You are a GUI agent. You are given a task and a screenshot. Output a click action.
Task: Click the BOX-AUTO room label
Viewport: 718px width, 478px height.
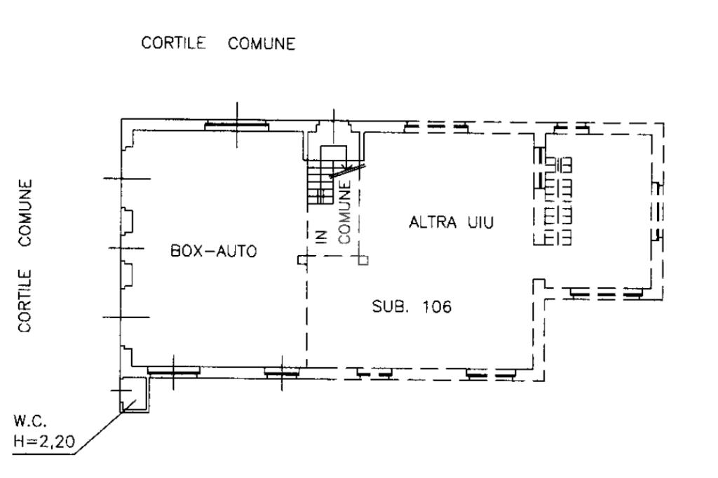click(x=214, y=250)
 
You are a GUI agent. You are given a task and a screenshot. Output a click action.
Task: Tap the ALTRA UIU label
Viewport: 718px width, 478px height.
click(x=452, y=224)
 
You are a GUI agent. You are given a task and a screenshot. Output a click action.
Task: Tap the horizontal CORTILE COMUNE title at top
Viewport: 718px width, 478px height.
click(x=218, y=44)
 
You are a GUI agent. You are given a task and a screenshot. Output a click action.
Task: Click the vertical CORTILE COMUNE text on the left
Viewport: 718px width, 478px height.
click(x=26, y=256)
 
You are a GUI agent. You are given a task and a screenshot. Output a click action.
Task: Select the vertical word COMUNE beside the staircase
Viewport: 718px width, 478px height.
click(x=344, y=212)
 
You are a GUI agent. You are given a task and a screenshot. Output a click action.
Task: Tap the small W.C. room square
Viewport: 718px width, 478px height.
click(x=132, y=393)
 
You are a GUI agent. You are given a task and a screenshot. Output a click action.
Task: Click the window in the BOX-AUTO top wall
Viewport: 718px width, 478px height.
click(x=236, y=125)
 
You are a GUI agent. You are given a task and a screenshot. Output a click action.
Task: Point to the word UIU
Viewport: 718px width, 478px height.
click(x=482, y=224)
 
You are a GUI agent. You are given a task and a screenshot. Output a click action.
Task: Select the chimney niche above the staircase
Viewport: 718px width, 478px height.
click(x=334, y=132)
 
